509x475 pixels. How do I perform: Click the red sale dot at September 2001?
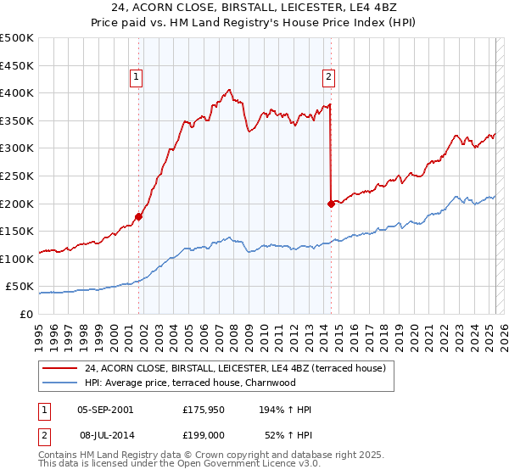tap(139, 216)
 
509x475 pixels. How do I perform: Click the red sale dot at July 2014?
tap(331, 204)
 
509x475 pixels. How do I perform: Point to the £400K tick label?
tap(18, 92)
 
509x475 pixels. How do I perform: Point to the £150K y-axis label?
tap(18, 231)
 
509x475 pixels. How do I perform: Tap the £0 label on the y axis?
tap(25, 314)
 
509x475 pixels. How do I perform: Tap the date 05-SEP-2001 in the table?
tap(105, 410)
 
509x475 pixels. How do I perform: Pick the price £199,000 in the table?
tap(204, 434)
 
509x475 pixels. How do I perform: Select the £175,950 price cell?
tap(204, 410)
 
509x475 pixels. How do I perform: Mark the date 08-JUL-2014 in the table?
tap(105, 434)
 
